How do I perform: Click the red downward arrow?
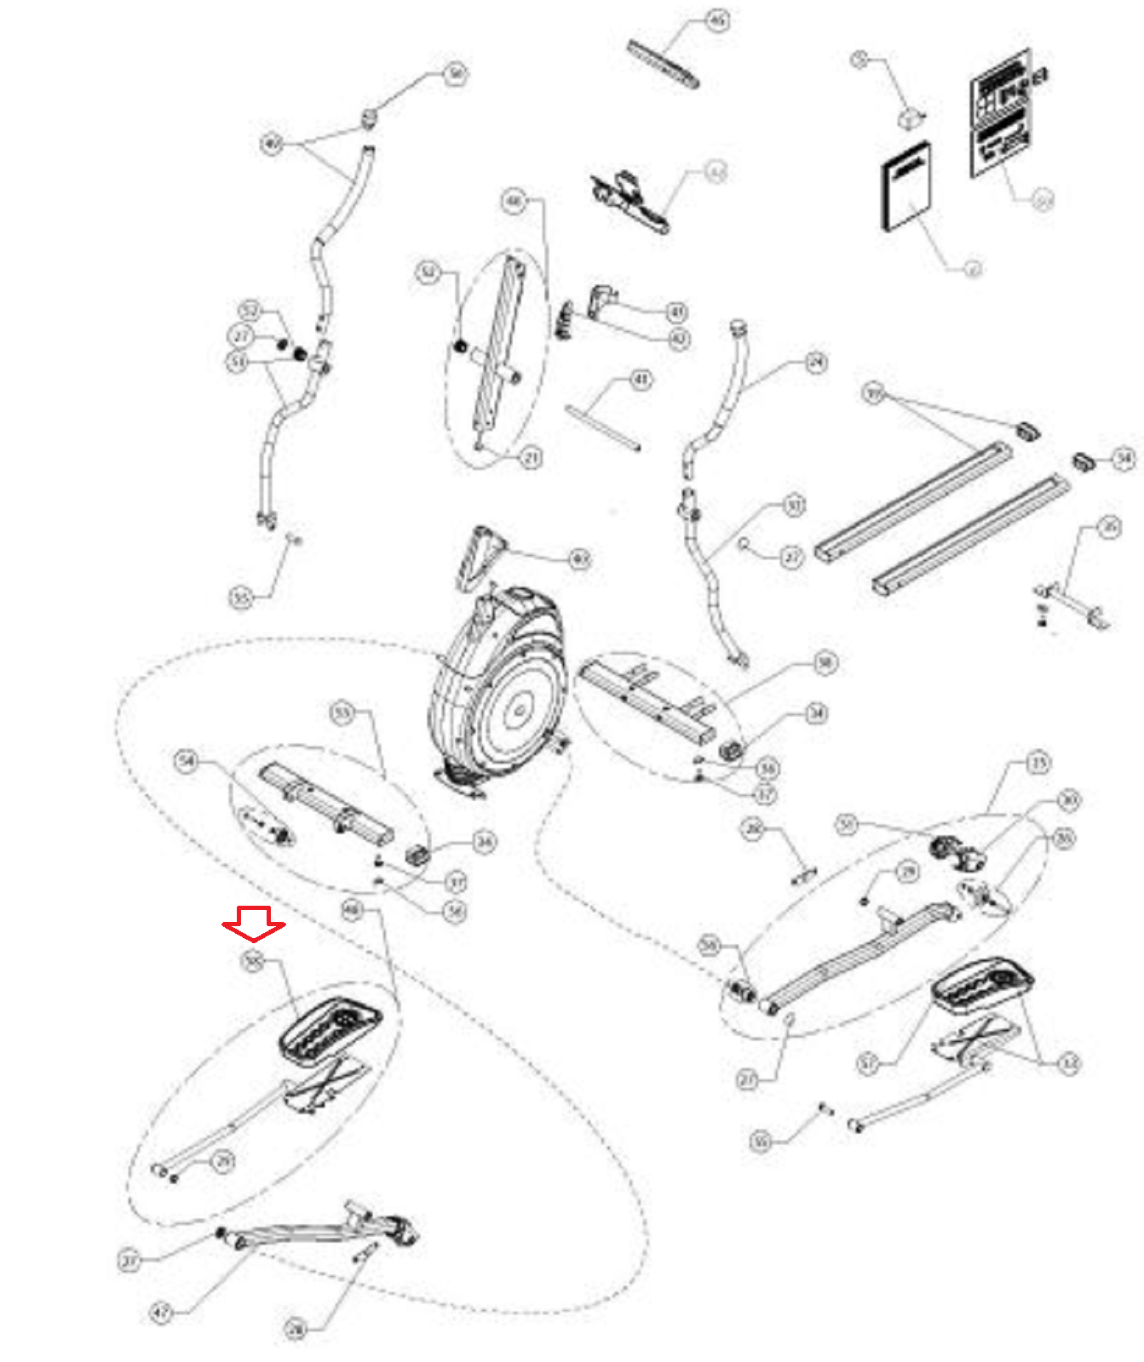click(x=254, y=924)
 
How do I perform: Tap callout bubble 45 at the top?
click(x=718, y=20)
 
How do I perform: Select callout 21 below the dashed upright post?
click(x=532, y=457)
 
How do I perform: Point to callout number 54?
click(x=187, y=760)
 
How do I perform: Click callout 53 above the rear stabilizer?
click(x=342, y=712)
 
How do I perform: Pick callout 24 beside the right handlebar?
click(x=816, y=363)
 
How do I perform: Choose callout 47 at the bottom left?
click(x=162, y=1313)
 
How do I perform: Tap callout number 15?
click(x=1038, y=762)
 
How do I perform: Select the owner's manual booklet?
click(x=905, y=186)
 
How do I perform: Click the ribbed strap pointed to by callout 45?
click(x=664, y=62)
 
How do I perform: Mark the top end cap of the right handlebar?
click(x=738, y=328)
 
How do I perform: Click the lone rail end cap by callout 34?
click(x=1084, y=461)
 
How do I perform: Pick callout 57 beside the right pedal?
click(x=867, y=1062)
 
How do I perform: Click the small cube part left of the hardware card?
click(x=911, y=116)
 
